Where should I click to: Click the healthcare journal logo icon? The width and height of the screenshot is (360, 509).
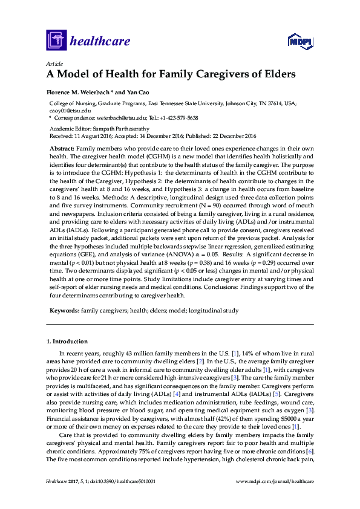[x=56, y=41]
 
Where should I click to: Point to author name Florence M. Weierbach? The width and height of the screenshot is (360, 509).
[x=82, y=92]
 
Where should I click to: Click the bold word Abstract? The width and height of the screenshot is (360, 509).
[x=62, y=149]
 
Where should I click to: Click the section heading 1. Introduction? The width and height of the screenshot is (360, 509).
[x=70, y=342]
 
